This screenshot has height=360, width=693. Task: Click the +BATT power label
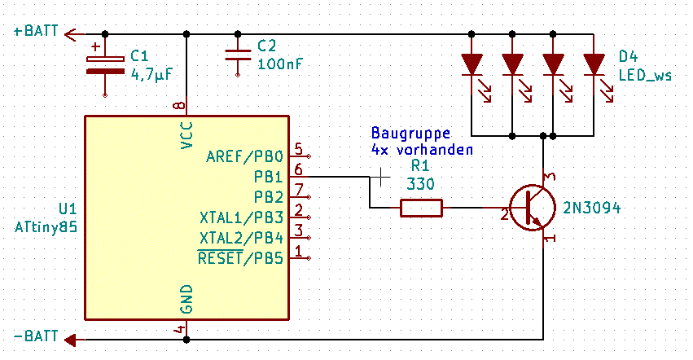[36, 31]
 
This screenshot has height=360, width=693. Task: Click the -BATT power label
[36, 336]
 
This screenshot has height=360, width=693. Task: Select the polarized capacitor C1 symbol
[105, 65]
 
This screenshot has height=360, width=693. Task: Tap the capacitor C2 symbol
[238, 55]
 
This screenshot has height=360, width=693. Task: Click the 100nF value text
[280, 64]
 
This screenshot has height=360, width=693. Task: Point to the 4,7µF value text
[151, 73]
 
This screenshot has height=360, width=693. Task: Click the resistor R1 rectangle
[421, 208]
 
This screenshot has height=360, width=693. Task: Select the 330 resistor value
[420, 183]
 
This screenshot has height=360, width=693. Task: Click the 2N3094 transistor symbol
[532, 208]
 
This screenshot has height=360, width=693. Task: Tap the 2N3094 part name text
[591, 208]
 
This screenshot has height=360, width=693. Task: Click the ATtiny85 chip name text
[46, 227]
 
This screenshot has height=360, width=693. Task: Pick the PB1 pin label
[268, 177]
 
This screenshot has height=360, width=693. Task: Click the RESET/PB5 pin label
[240, 258]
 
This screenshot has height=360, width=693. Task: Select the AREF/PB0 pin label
[244, 156]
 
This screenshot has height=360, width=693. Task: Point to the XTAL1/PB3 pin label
[241, 217]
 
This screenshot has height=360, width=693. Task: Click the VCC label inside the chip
[187, 135]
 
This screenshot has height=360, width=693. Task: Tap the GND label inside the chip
[187, 299]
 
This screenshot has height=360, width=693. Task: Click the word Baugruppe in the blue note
[410, 133]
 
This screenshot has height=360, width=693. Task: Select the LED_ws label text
[645, 75]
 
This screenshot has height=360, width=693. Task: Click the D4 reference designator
[628, 56]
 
